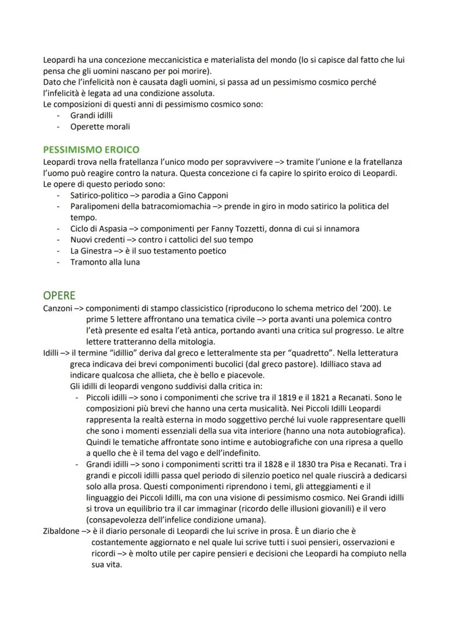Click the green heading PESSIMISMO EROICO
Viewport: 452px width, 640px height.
tap(91, 149)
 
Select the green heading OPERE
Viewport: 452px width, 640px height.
tap(60, 296)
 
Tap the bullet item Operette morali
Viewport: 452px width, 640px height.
tap(100, 126)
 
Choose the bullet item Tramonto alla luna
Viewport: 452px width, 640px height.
tap(105, 262)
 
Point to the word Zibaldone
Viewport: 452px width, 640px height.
tap(61, 531)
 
